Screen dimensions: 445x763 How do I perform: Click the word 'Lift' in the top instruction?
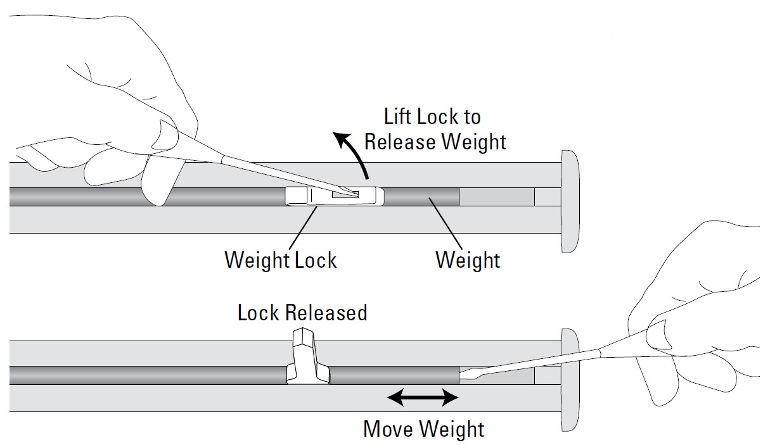[399, 117]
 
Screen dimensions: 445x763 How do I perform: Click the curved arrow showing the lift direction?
[353, 152]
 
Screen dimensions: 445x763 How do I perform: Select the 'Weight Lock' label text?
[280, 260]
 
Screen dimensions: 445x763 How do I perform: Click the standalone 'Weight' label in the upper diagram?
[468, 260]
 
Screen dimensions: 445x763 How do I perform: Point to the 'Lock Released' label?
[302, 313]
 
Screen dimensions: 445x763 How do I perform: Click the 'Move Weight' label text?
[423, 429]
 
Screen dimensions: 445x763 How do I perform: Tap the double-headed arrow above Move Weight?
[422, 398]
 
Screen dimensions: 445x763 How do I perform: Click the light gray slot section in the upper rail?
[496, 196]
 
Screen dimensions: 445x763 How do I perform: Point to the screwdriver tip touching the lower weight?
[466, 375]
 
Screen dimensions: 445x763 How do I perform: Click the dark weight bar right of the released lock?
[393, 375]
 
